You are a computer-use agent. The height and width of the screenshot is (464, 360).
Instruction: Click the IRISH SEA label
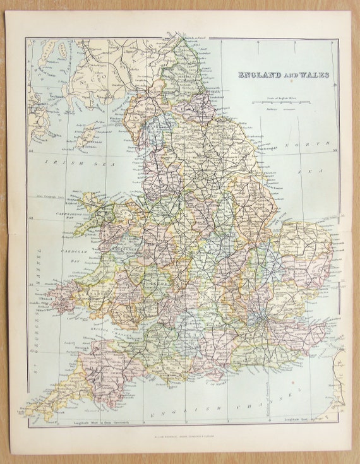(61, 162)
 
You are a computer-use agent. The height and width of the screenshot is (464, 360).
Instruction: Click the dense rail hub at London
(258, 312)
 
